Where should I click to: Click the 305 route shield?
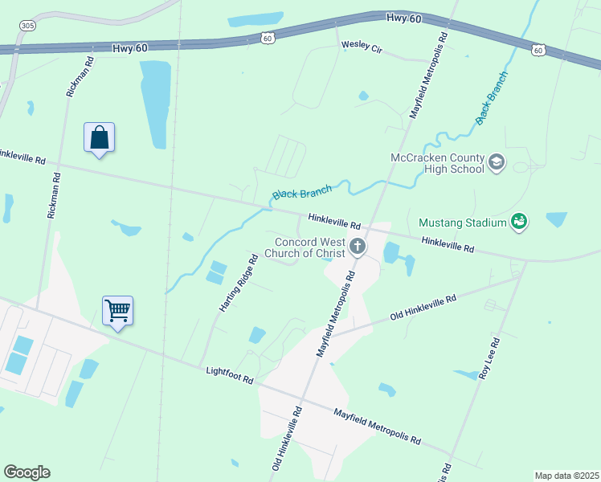pos(28,26)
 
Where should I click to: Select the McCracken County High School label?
pos(437,163)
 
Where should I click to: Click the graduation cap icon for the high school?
pos(497,163)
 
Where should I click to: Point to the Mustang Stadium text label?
pos(462,223)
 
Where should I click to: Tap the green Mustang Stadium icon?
pos(519,222)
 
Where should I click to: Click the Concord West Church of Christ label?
pos(309,248)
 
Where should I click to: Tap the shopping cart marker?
pos(117,309)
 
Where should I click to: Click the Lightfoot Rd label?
pos(229,374)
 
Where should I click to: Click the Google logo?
pos(27,472)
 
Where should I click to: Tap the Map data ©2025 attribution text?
pos(566,476)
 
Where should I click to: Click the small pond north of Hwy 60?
pos(256,18)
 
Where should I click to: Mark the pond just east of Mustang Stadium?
pos(556,219)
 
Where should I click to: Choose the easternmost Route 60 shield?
pos(538,50)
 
